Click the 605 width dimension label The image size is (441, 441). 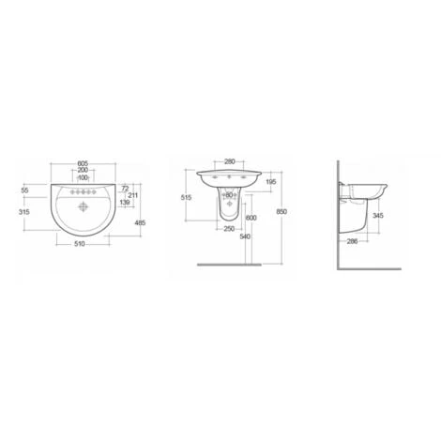tap(83, 163)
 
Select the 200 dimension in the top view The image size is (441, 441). tap(83, 170)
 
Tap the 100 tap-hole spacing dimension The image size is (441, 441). tap(83, 177)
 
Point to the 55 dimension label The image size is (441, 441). tap(24, 190)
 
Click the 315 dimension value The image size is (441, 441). tap(24, 212)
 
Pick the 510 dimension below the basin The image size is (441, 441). tap(80, 244)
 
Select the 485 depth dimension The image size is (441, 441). tap(140, 222)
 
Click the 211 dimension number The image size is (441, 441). tap(133, 195)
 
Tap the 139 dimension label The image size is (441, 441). tap(125, 203)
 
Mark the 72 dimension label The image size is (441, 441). tap(125, 189)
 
